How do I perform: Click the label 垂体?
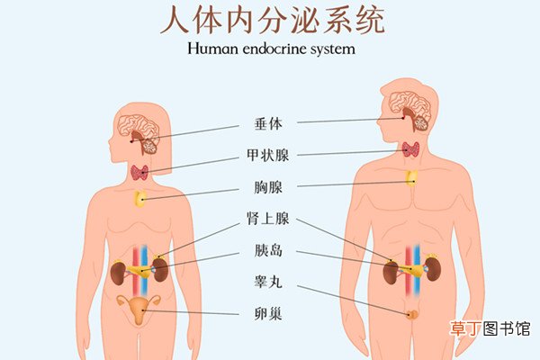[268, 123]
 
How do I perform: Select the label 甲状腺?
[268, 155]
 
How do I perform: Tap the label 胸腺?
[268, 187]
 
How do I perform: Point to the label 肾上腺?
[268, 219]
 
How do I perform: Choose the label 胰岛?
[268, 250]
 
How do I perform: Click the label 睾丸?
[268, 282]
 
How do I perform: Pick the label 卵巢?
[268, 314]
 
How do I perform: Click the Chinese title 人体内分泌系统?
[272, 21]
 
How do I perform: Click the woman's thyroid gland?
[139, 173]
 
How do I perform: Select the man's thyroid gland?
[410, 149]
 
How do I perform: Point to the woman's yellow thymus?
[140, 199]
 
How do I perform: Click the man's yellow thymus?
[411, 178]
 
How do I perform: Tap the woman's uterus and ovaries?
[139, 309]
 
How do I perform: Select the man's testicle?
[411, 314]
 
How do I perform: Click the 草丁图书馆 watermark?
[490, 328]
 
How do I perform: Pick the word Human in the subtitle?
[212, 49]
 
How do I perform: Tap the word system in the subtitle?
[333, 49]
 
